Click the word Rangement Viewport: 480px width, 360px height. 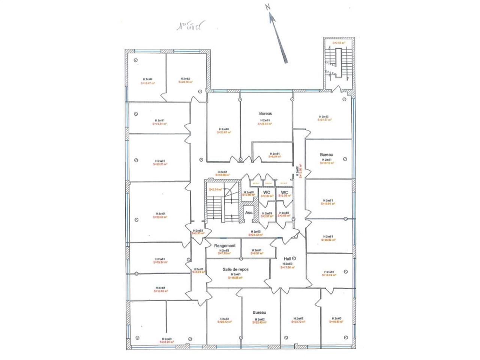225,246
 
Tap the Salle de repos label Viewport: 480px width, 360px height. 235,269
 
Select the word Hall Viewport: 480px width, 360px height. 288,259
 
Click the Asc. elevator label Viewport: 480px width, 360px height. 249,213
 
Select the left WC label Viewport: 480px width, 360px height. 267,192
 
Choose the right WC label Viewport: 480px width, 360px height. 284,192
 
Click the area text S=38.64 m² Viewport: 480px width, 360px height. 160,217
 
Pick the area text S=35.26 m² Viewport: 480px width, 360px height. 166,342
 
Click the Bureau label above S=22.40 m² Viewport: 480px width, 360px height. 259,312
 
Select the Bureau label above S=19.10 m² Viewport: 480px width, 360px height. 326,154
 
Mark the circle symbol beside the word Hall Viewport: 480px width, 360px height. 294,258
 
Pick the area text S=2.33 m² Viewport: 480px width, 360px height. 198,233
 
